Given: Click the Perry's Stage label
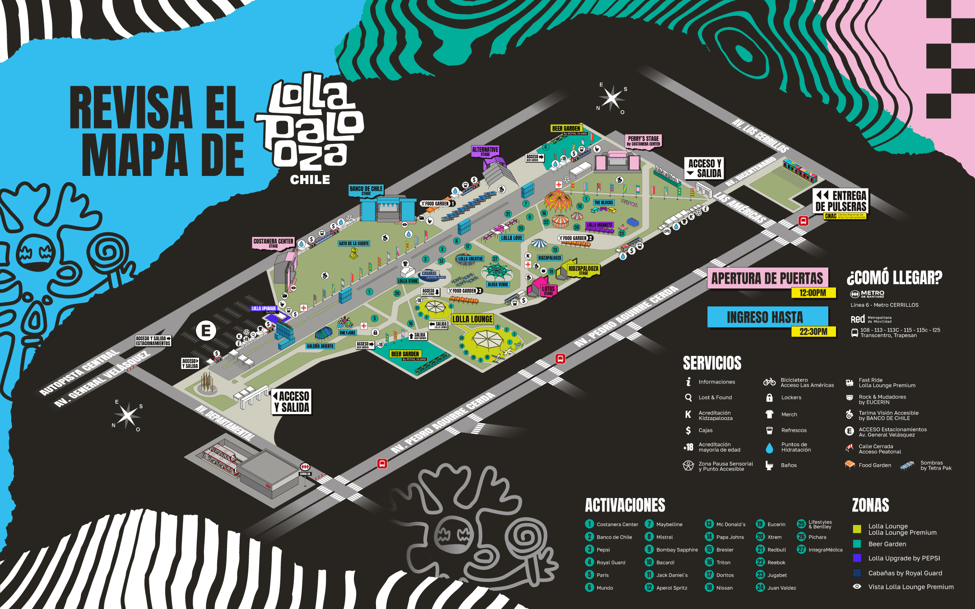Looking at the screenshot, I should click(x=643, y=141).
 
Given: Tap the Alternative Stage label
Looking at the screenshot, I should click(x=485, y=151).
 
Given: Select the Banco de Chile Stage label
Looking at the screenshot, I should click(x=366, y=190).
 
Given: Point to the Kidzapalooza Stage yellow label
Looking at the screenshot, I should click(x=583, y=270).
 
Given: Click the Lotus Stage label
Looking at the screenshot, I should click(x=548, y=290).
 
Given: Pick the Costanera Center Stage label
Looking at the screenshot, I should click(x=273, y=243).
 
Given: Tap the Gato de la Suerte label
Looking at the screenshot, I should click(x=354, y=244).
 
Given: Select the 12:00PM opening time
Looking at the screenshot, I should click(x=812, y=293).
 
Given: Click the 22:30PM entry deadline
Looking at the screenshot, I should click(x=813, y=332).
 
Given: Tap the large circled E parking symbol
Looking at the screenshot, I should click(x=206, y=331).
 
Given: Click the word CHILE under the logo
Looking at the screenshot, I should click(x=310, y=180).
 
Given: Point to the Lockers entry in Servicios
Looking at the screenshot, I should click(x=791, y=397).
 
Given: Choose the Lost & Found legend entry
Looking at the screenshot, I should click(x=715, y=397).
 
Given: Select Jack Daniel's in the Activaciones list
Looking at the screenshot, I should click(x=672, y=575).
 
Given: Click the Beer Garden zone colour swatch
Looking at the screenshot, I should click(x=857, y=544).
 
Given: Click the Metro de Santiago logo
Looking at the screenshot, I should click(x=867, y=294).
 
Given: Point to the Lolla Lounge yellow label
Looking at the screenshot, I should click(x=472, y=319).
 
